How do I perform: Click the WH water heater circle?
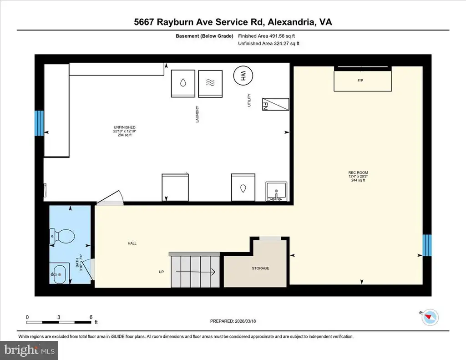tap(243, 76)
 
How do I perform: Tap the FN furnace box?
tap(275, 104)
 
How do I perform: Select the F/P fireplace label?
tap(360, 81)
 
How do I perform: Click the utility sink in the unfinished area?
tap(276, 191)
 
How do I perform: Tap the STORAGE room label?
tap(260, 268)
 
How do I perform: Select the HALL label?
tap(132, 243)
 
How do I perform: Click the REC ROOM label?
tap(358, 172)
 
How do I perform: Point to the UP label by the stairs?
tap(161, 272)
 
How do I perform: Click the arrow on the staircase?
tap(196, 272)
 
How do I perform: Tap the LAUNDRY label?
tap(197, 114)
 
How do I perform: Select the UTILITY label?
tap(249, 100)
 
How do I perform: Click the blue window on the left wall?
tap(39, 123)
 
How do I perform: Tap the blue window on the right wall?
tap(427, 245)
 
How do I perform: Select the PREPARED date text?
tap(233, 321)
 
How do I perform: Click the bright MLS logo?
tap(30, 350)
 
